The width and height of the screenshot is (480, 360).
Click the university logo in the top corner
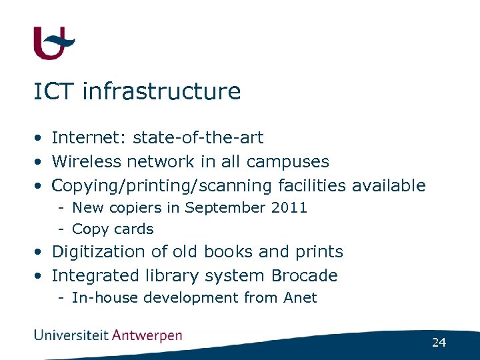[53, 43]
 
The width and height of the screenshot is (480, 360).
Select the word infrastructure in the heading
[161, 91]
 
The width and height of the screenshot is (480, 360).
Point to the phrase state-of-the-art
[198, 138]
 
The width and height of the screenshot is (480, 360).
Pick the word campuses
[287, 162]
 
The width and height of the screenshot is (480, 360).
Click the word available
[389, 185]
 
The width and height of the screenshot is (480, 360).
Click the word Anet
[300, 298]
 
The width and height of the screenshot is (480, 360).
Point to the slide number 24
[439, 343]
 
